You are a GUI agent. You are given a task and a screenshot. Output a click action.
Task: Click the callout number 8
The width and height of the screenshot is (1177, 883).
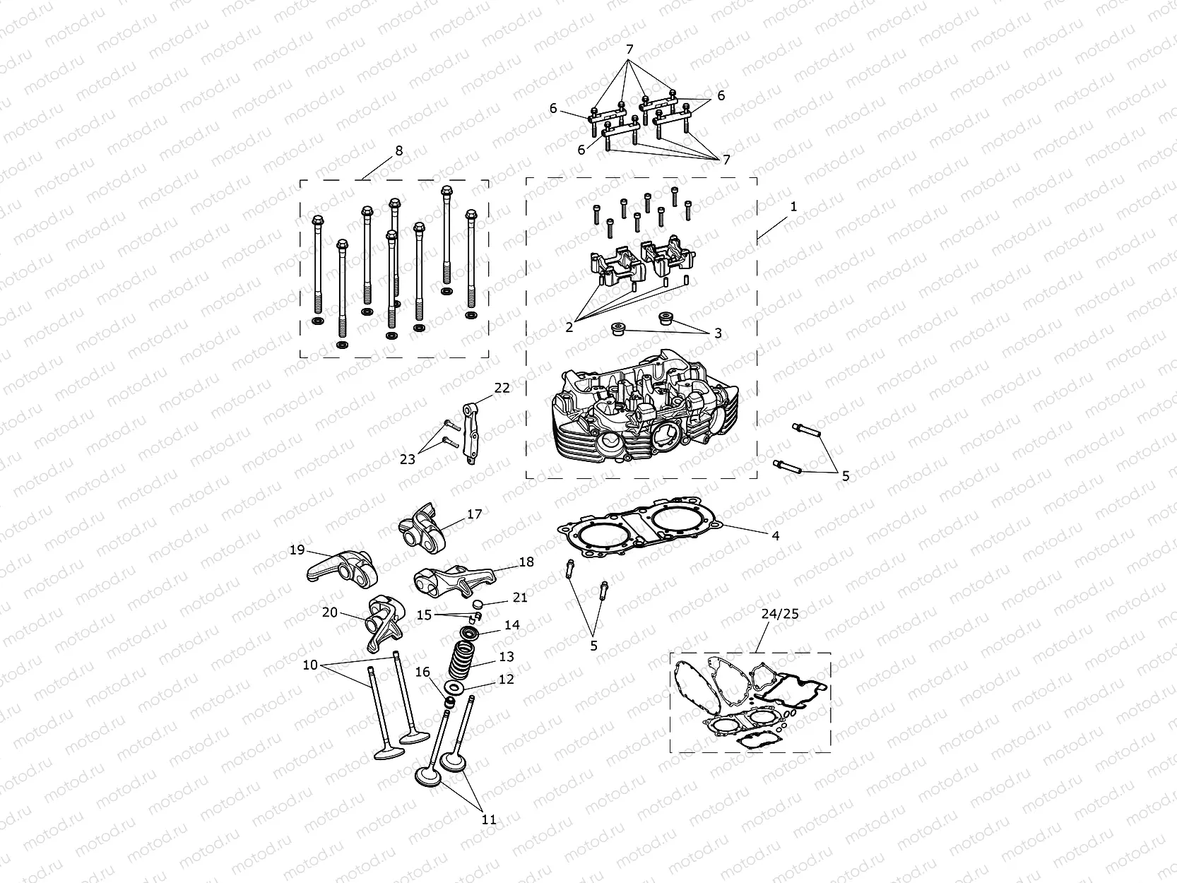(399, 150)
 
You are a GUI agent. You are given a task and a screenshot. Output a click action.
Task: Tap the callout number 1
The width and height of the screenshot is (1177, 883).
(793, 206)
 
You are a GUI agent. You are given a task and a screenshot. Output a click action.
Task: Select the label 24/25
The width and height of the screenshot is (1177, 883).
(780, 614)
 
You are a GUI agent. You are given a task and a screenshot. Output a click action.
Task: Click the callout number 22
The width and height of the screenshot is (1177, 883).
(502, 388)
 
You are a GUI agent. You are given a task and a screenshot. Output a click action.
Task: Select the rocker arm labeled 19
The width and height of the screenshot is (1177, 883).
(336, 569)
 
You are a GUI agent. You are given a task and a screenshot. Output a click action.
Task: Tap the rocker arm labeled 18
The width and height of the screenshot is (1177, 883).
(442, 581)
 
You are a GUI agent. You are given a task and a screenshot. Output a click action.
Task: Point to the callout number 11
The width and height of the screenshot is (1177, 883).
(489, 820)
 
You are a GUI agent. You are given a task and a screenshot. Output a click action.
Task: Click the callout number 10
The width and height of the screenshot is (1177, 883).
(311, 665)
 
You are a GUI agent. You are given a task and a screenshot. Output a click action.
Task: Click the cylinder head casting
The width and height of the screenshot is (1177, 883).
(643, 417)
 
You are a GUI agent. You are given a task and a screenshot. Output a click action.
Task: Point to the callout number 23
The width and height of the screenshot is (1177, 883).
(408, 459)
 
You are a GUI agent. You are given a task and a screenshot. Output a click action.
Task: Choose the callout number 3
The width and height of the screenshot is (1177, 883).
(718, 333)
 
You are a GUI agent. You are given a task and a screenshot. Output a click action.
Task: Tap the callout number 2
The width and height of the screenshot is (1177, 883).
(569, 327)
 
